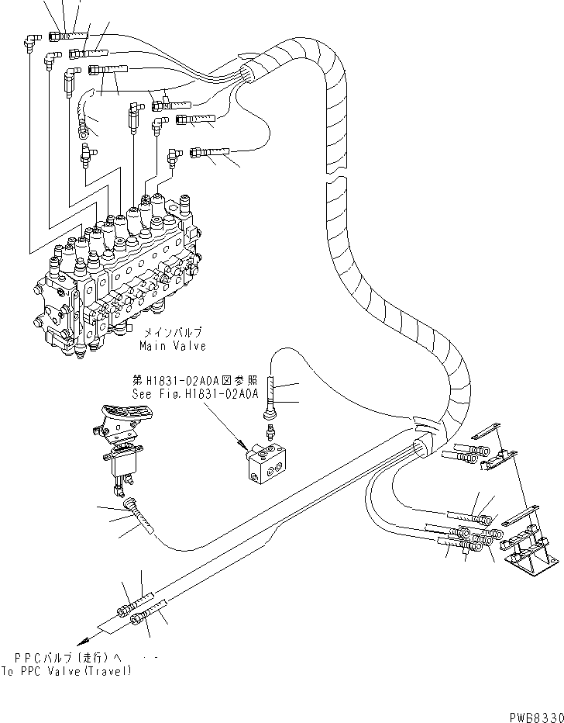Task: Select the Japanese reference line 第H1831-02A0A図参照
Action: (x=194, y=381)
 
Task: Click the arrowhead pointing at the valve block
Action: (x=246, y=448)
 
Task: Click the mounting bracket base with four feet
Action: (x=531, y=555)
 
